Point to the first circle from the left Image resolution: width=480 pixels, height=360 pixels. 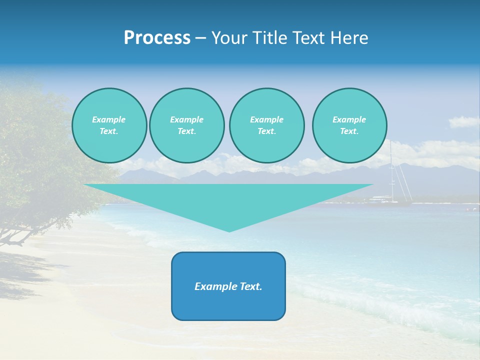(x=109, y=125)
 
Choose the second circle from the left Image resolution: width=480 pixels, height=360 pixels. (x=186, y=125)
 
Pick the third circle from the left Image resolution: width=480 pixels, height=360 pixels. (x=266, y=125)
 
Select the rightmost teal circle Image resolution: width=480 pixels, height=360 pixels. (x=349, y=125)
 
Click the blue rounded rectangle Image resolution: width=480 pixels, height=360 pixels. (x=228, y=286)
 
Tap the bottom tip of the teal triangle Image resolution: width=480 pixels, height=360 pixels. (x=229, y=231)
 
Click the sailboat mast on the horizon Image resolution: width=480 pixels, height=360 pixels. (x=391, y=170)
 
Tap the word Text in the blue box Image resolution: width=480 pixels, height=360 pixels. (x=250, y=286)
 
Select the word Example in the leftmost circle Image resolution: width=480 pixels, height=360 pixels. (x=109, y=119)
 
